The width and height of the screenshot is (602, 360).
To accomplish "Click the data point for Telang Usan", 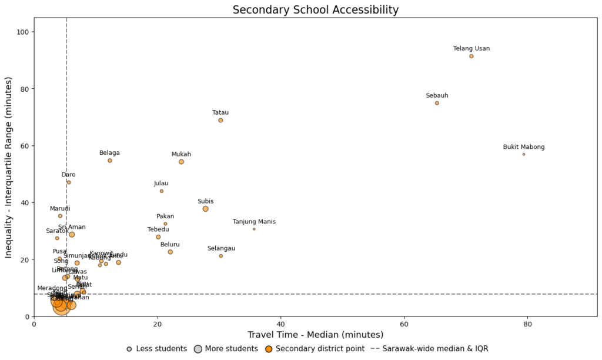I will [471, 56].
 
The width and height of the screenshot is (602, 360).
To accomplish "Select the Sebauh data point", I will [437, 103].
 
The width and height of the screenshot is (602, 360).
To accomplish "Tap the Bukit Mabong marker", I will [524, 154].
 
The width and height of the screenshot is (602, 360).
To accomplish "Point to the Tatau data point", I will [220, 120].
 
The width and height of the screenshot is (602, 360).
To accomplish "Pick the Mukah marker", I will [181, 162].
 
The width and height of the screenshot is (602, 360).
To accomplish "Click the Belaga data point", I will [110, 161].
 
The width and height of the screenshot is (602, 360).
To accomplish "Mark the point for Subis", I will [205, 209].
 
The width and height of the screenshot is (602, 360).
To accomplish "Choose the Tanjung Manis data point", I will [254, 229].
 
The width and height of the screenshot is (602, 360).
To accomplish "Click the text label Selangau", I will [221, 248].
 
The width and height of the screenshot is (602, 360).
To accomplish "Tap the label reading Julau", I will [161, 184].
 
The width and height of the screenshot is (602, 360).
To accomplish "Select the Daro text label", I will [68, 175].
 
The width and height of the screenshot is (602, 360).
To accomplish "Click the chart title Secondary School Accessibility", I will [315, 10].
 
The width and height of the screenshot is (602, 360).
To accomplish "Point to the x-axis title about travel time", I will [315, 335].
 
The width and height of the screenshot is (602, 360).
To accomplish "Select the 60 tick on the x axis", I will [404, 324].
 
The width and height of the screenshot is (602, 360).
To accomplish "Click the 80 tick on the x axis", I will [528, 324].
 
